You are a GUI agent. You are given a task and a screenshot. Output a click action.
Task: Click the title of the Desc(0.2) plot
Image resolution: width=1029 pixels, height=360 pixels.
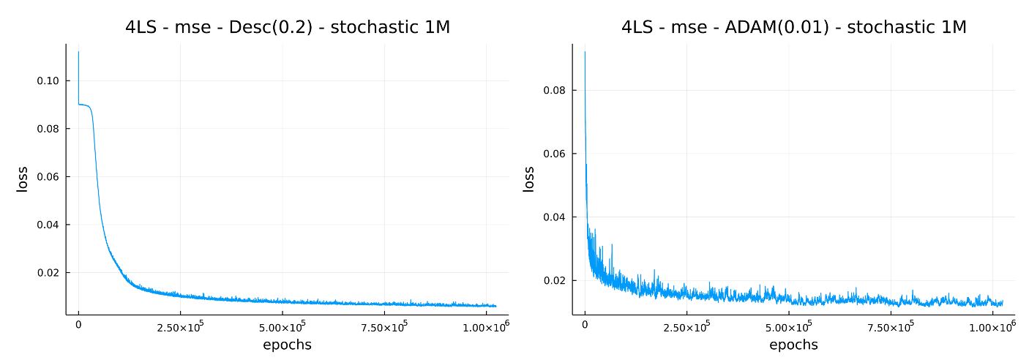pos(287,28)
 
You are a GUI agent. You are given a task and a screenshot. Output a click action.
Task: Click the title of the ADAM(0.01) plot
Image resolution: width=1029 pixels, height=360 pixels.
pos(793,28)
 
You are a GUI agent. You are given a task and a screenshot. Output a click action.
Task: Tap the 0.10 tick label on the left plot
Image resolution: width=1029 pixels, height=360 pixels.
pos(48,80)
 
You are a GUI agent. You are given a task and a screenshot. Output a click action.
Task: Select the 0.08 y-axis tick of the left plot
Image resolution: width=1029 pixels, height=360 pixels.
pos(48,129)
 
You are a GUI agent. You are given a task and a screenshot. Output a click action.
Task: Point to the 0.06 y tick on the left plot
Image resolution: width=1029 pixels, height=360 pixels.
pos(48,177)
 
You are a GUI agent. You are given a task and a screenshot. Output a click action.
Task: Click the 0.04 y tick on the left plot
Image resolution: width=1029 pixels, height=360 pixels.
pos(48,225)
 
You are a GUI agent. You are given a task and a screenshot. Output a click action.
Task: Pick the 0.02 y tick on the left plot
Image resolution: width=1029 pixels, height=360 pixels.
pos(48,273)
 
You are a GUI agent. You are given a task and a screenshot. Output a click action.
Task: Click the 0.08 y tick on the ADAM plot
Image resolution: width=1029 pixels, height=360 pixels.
pos(554,91)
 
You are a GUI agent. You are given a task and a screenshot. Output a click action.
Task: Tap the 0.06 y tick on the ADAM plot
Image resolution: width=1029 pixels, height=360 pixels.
pos(554,154)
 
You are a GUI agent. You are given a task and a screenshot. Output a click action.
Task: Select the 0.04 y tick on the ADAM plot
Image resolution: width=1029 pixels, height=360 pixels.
pos(554,217)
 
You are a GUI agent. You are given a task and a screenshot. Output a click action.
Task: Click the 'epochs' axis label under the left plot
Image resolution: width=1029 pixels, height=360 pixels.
pos(287,345)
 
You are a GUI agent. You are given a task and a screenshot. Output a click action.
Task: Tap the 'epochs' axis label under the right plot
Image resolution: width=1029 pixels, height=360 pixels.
pos(793,345)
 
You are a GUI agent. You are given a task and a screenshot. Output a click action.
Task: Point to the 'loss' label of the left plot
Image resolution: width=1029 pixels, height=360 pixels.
pos(23,179)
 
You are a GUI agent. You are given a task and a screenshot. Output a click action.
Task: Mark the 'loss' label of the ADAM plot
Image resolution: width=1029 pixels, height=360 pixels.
pos(529,179)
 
